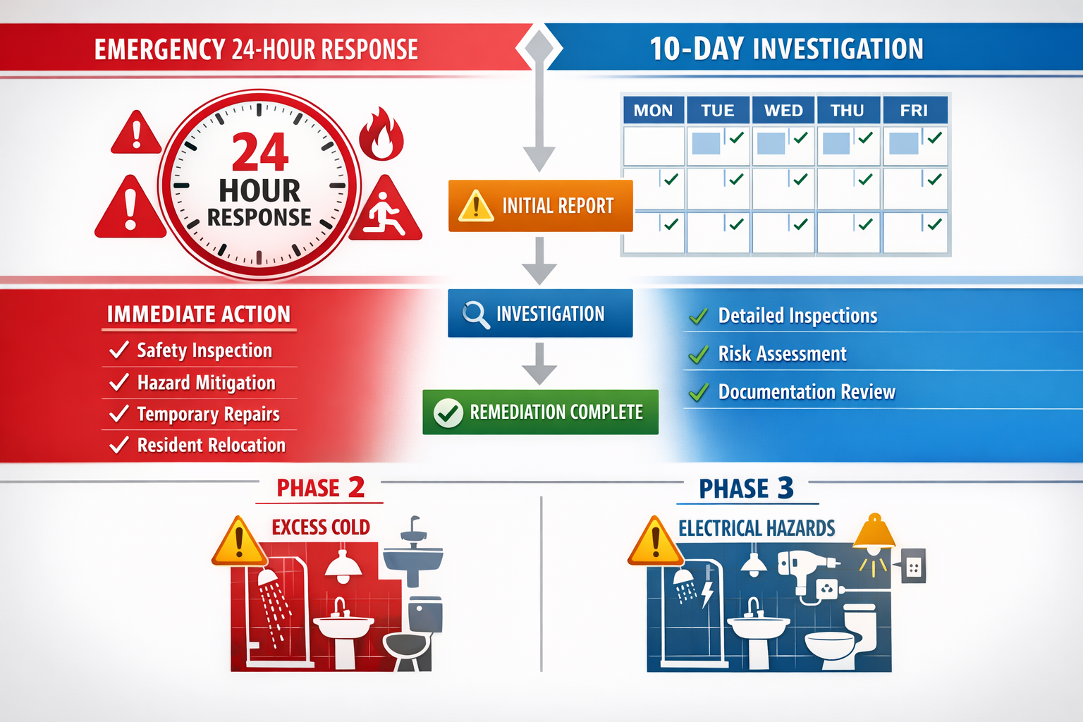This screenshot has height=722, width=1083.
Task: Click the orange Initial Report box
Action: pos(540,206)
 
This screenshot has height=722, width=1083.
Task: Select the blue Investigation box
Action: pos(540,313)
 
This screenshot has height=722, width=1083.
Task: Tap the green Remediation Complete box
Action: pos(540,412)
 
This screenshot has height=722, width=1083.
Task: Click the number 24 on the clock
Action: pos(260,153)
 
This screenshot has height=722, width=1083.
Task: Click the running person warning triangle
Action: pos(385,210)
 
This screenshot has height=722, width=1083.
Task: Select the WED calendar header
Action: pos(783,111)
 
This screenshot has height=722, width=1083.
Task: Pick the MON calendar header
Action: pos(653,111)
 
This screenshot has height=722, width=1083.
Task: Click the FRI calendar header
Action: pos(914,111)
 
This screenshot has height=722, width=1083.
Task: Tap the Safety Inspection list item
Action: pos(204,350)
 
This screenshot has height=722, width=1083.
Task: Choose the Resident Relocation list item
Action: pos(211,445)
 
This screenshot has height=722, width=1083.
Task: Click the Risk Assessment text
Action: pos(782,353)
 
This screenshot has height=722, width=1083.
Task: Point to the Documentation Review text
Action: pos(806,391)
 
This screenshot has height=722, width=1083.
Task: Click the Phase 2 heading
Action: pos(320,488)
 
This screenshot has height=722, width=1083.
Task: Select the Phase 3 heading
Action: pos(746,488)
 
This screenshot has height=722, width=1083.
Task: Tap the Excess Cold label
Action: pos(321,527)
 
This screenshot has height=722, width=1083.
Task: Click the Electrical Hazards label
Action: pos(757,528)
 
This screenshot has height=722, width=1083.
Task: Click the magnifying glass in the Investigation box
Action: pos(475,314)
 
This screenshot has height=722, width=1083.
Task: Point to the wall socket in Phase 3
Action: pos(914,567)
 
